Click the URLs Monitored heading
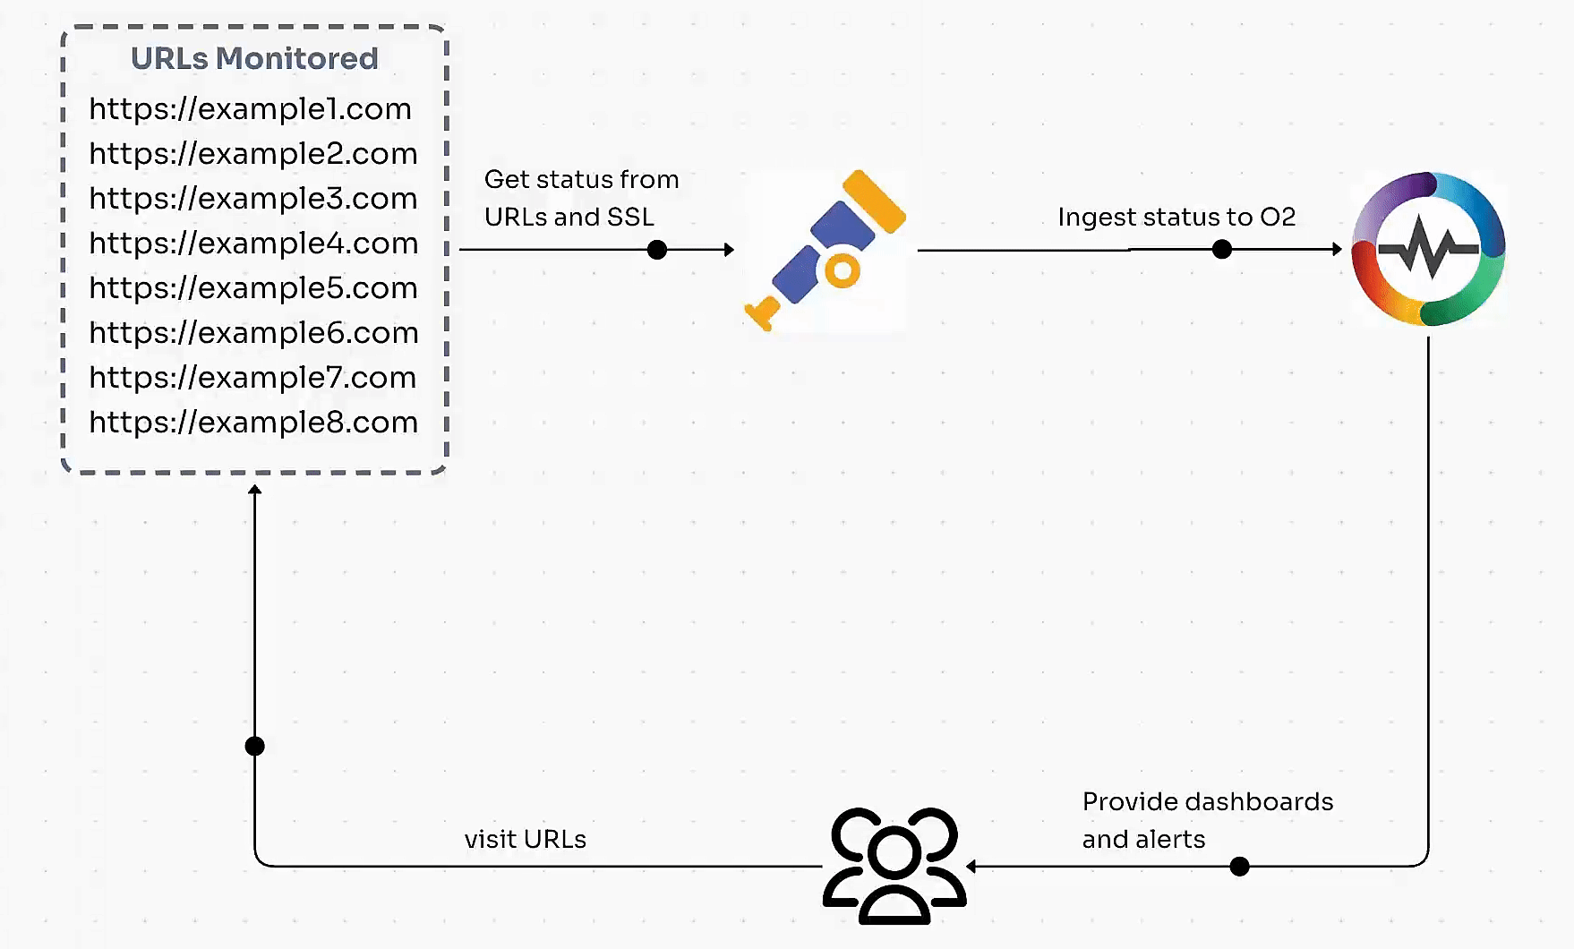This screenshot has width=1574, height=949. pos(254,58)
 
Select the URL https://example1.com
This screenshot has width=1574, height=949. pos(251,109)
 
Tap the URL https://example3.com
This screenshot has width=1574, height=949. pos(253,199)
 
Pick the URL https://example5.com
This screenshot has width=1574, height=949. pos(253,288)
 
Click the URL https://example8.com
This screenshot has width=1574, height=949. pos(253,423)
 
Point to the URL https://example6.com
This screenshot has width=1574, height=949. pos(253,333)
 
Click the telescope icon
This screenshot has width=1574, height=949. pos(825,250)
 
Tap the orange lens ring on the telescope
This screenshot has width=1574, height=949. pos(842,269)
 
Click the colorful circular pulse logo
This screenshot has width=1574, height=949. pos(1428,249)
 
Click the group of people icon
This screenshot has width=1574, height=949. pos(894,865)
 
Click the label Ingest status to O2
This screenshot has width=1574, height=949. pos(1176,218)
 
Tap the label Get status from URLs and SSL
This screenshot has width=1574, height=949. pos(581,198)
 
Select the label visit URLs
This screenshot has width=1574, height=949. pos(526,840)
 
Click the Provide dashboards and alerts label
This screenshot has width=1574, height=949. pos(1207,820)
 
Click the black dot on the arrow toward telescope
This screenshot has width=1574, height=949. pos(657,250)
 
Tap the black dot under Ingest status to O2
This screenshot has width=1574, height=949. pos(1222,250)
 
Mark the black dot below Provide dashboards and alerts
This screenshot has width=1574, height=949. pos(1239,866)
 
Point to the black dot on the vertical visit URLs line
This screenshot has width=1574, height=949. pos(255,746)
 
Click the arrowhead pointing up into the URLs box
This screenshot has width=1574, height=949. pos(255,490)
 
